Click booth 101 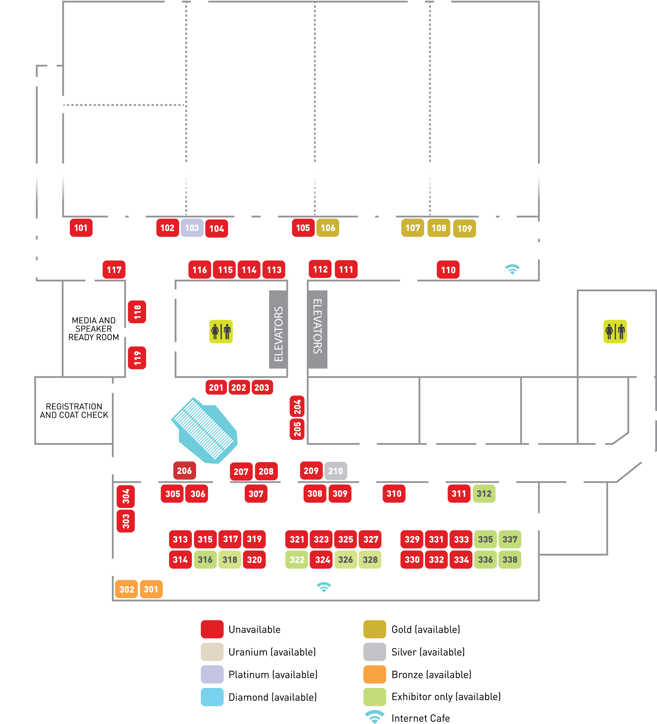(81, 228)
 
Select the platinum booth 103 (192, 228)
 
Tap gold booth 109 (465, 229)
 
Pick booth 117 (114, 270)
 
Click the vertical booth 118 (137, 312)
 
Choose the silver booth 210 (336, 471)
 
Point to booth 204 (297, 407)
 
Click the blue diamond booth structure (205, 431)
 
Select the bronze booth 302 (126, 589)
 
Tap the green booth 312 (484, 493)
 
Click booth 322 (297, 559)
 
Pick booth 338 (510, 559)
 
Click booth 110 (448, 270)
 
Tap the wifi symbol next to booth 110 (512, 269)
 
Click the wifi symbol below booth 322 (323, 587)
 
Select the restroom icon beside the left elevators (221, 332)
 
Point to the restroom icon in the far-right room (615, 332)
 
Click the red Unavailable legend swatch (212, 629)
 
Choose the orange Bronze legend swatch (375, 674)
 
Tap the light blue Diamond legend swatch (212, 697)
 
